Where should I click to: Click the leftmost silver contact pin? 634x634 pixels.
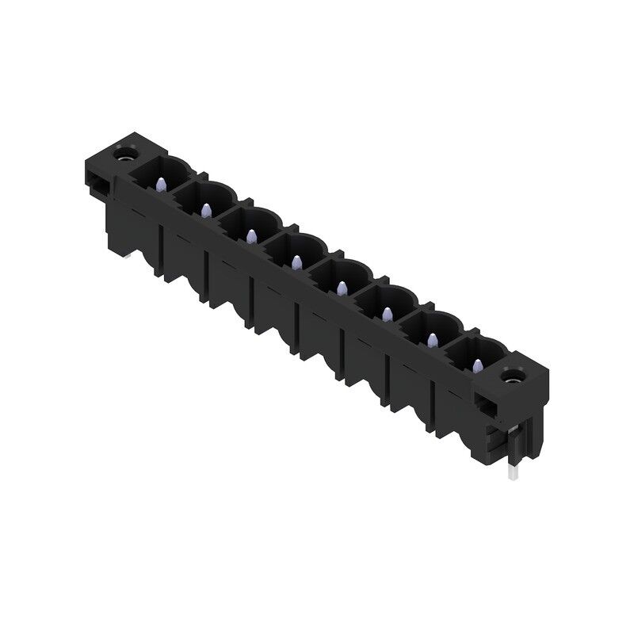(161, 185)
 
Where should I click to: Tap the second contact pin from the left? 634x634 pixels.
(205, 210)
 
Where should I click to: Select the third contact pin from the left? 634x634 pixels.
(251, 235)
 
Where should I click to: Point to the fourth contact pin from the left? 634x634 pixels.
(296, 262)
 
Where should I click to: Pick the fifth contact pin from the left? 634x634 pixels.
(342, 287)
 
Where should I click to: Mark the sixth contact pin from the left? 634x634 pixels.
(387, 315)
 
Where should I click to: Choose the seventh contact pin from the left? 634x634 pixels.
(432, 339)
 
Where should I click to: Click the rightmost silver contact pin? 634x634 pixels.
(477, 365)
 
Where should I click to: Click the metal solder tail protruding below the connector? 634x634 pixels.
(513, 472)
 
